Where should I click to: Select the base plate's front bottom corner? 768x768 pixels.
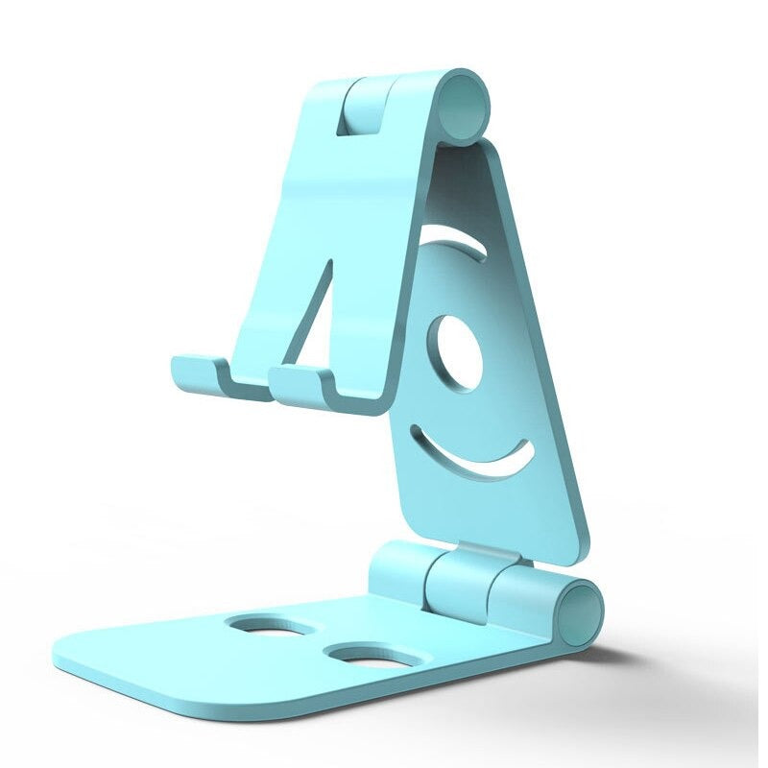(312, 711)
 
